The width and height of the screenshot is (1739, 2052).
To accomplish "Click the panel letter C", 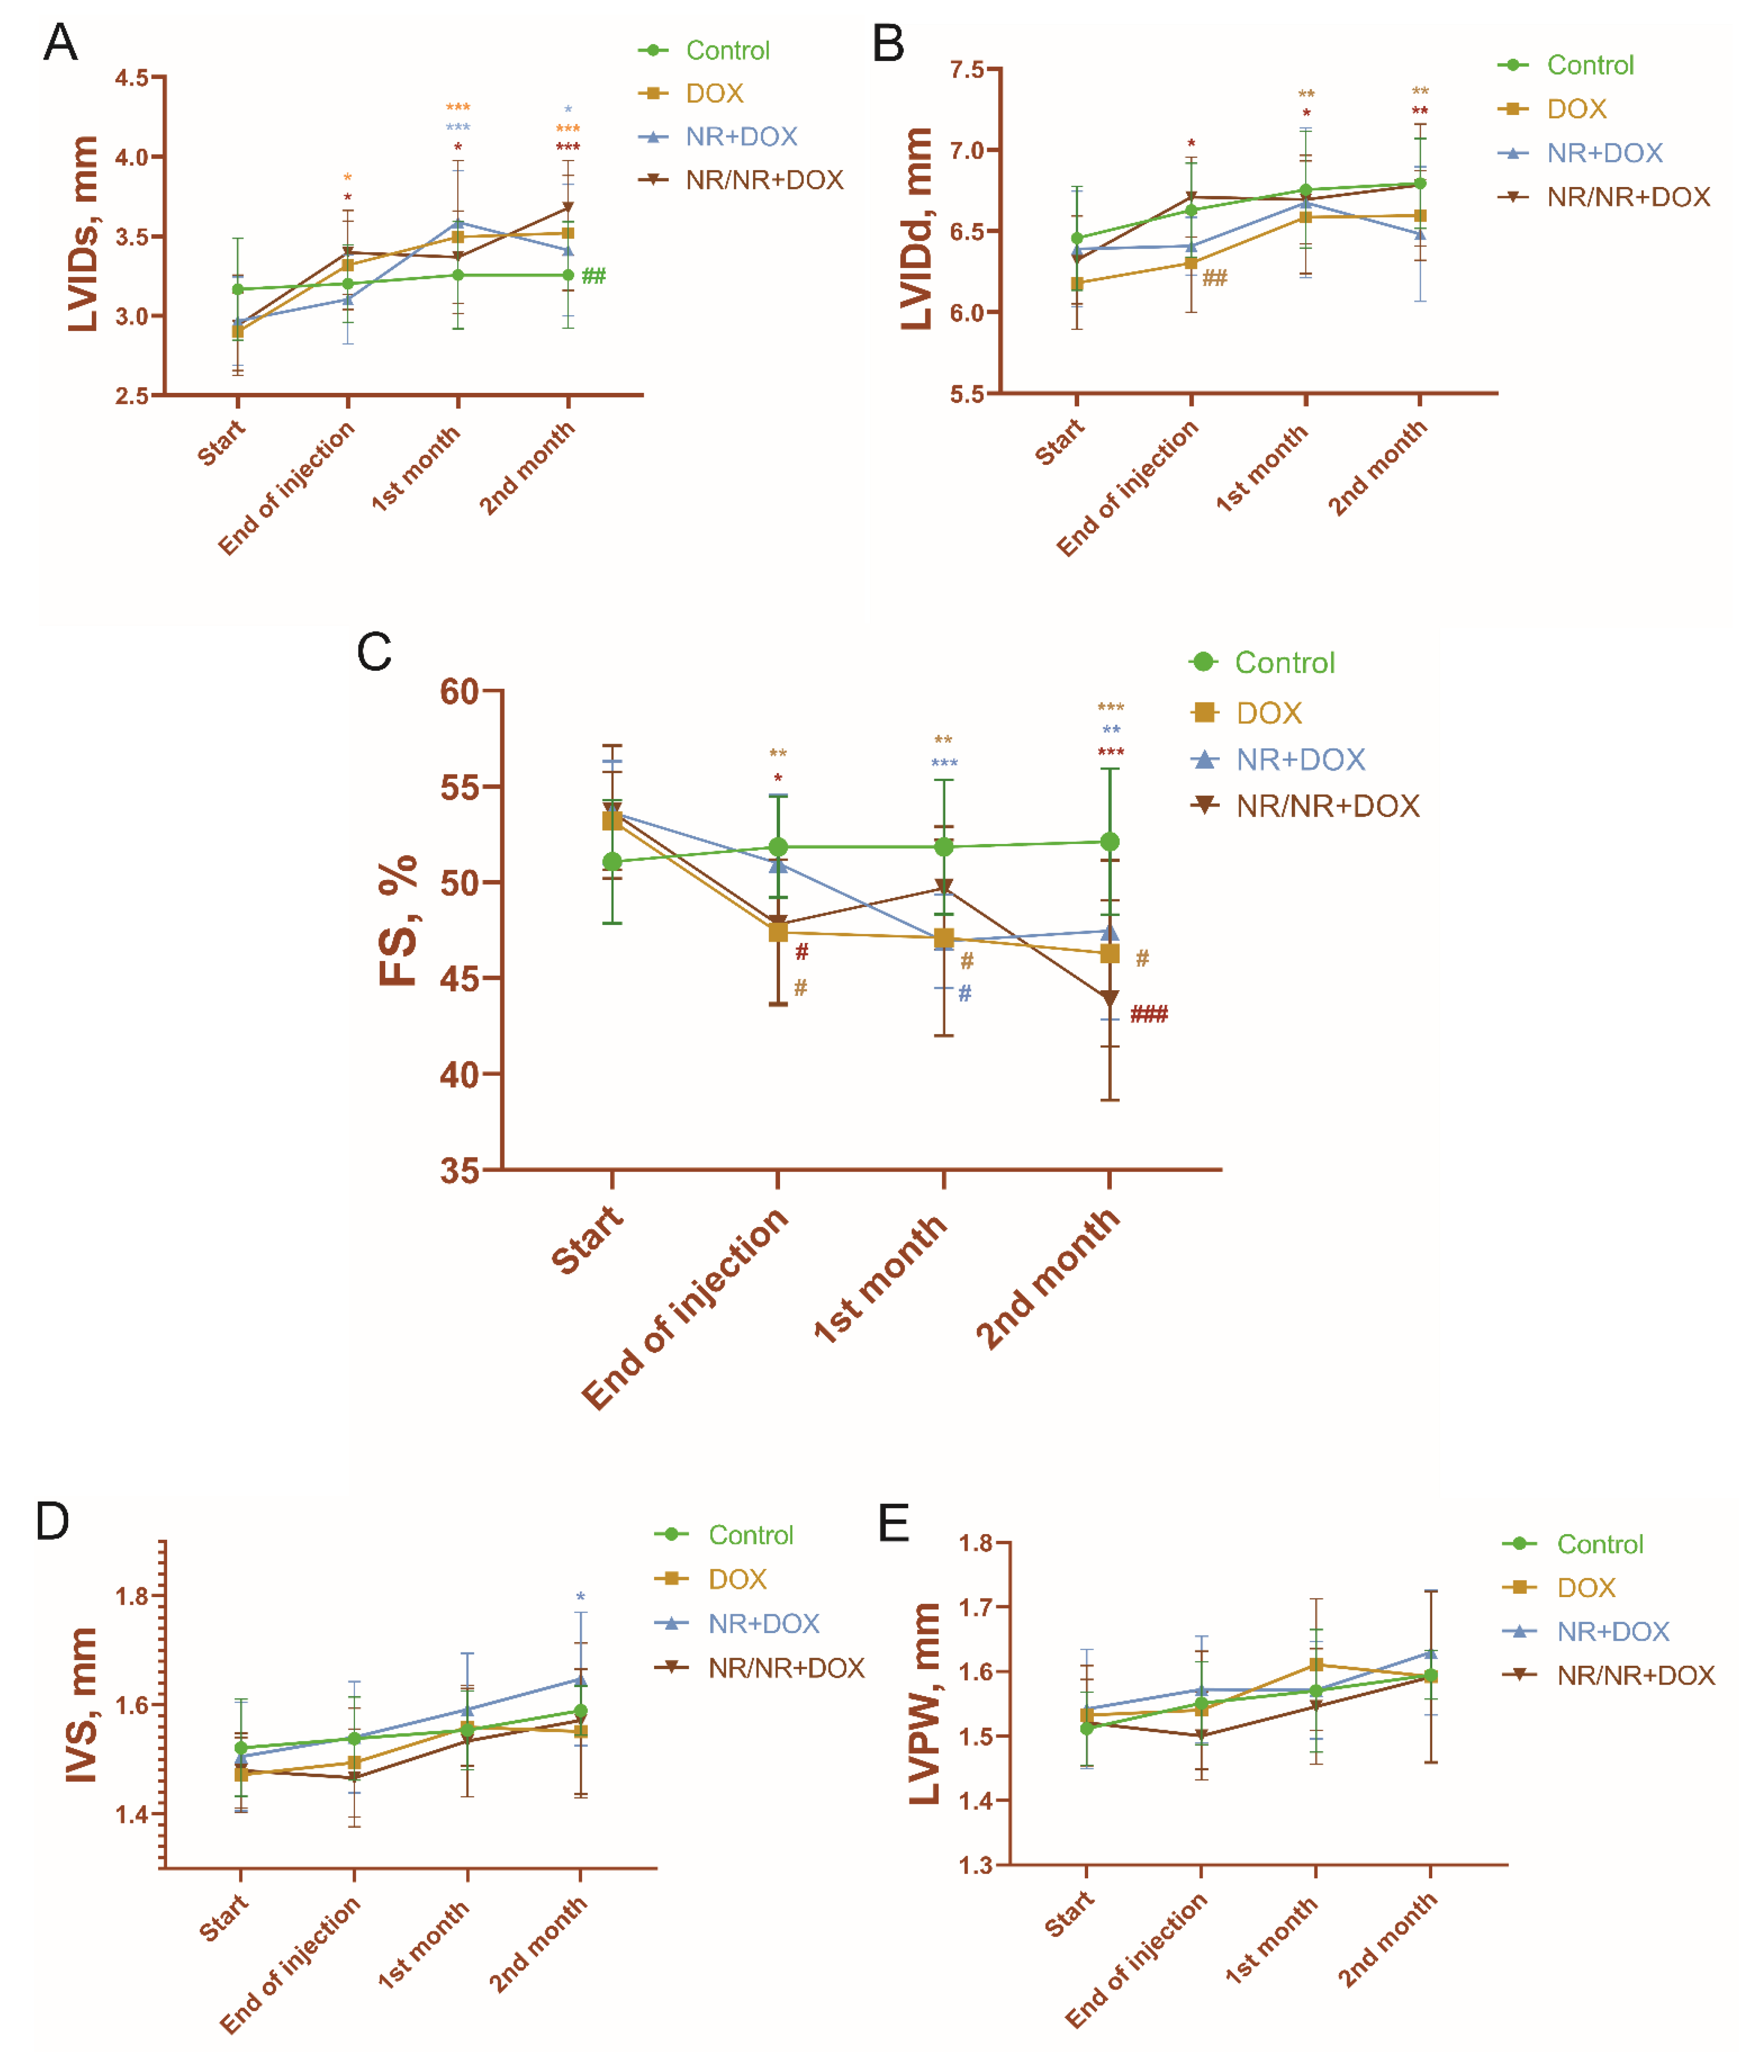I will click(374, 653).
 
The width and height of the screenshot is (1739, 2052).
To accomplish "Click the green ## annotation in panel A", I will click(594, 276).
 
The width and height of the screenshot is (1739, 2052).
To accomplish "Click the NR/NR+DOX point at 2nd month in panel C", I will click(1110, 999).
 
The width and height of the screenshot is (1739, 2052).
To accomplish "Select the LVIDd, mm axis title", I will click(917, 229).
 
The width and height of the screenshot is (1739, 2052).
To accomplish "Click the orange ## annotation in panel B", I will click(1215, 278).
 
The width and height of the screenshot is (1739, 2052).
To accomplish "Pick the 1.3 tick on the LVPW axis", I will click(976, 1865).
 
